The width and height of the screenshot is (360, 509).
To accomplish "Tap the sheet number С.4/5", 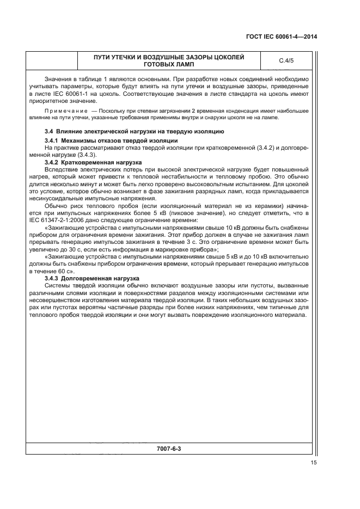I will pyautogui.click(x=286, y=60).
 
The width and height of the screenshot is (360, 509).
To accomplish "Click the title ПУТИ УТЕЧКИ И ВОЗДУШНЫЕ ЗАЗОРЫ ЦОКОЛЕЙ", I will pyautogui.click(x=169, y=57).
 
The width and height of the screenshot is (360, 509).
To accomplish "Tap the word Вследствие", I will pyautogui.click(x=61, y=169).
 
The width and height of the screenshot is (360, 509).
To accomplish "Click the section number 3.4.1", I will pyautogui.click(x=52, y=141).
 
